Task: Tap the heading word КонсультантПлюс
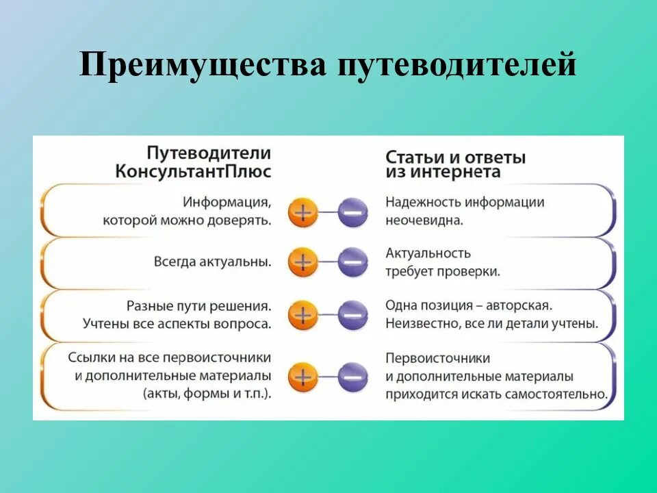tap(193, 171)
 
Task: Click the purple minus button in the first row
tap(352, 212)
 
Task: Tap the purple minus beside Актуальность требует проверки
tap(352, 262)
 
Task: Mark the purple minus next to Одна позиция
tap(352, 316)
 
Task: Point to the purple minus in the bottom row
tap(352, 376)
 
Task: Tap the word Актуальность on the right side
tap(428, 253)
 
